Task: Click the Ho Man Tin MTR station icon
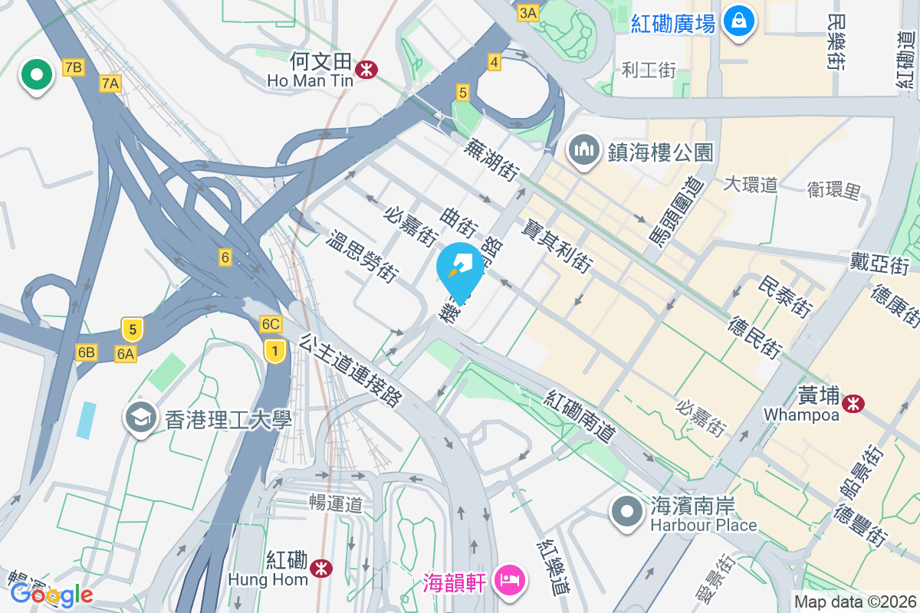[366, 70]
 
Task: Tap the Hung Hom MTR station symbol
[321, 568]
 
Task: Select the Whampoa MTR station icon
[852, 403]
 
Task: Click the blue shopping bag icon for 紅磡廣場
[738, 21]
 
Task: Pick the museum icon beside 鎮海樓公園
[584, 148]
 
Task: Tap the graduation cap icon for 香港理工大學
[140, 418]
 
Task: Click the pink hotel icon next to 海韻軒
[510, 579]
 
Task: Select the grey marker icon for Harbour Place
[627, 510]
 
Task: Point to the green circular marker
[36, 75]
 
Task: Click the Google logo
[51, 594]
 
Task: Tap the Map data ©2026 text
[854, 602]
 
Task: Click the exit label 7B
[73, 68]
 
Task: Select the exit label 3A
[528, 13]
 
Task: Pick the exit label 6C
[271, 324]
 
